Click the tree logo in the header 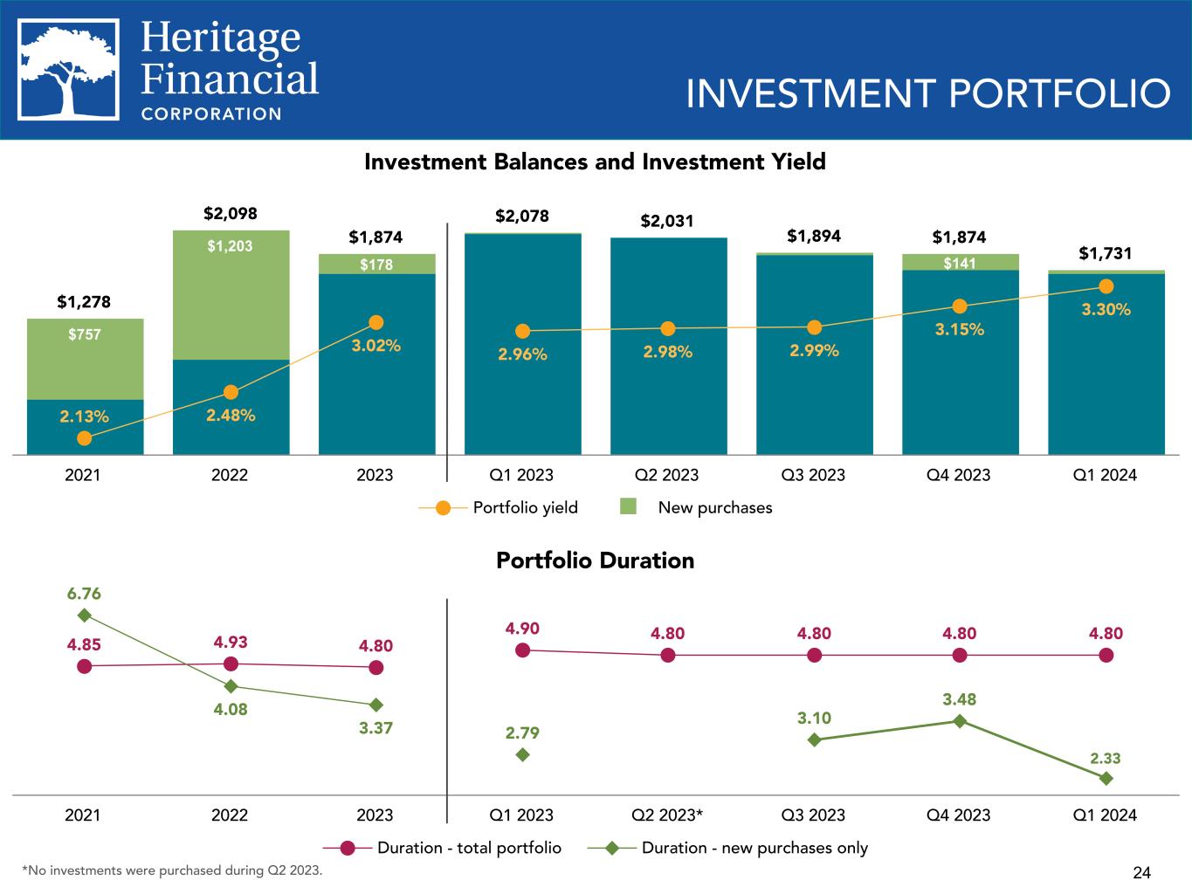(x=69, y=70)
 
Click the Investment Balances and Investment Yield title (x=595, y=162)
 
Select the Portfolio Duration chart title (x=595, y=560)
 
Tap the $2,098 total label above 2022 (x=231, y=214)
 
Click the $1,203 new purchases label (x=231, y=246)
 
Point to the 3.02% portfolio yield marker (x=376, y=323)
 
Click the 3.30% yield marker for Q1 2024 (x=1106, y=286)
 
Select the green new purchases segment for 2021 (x=85, y=359)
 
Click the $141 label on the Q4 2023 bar (x=960, y=264)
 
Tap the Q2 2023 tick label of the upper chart (x=668, y=475)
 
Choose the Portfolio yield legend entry (x=499, y=507)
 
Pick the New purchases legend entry (x=697, y=507)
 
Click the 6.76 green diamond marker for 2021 (x=85, y=615)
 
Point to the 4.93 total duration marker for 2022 (x=231, y=664)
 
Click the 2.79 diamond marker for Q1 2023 (x=522, y=754)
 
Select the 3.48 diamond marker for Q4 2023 (x=960, y=721)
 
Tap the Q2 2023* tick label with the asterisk (x=668, y=815)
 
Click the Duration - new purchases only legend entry (x=728, y=848)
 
